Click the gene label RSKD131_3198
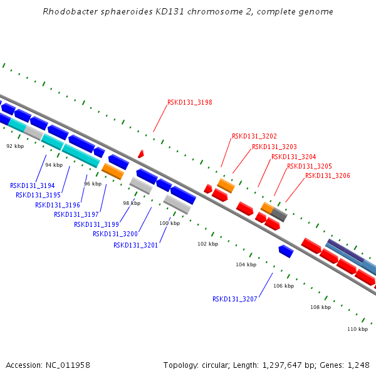coord(189,102)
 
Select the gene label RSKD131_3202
coord(254,136)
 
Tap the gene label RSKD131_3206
coord(327,176)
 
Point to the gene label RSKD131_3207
coord(234,299)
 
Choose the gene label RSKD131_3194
coord(32,185)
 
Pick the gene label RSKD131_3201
coord(135,245)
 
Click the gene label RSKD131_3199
coord(96,224)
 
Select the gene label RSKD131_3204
coord(293,157)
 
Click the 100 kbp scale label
coord(169,223)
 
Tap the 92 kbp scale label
coord(14,146)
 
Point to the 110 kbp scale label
coord(357,329)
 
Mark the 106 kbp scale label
coord(283,286)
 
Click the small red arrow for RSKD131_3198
coord(141,154)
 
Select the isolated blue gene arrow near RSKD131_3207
coord(286,251)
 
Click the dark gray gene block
coord(279,215)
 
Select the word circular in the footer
coord(219,365)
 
